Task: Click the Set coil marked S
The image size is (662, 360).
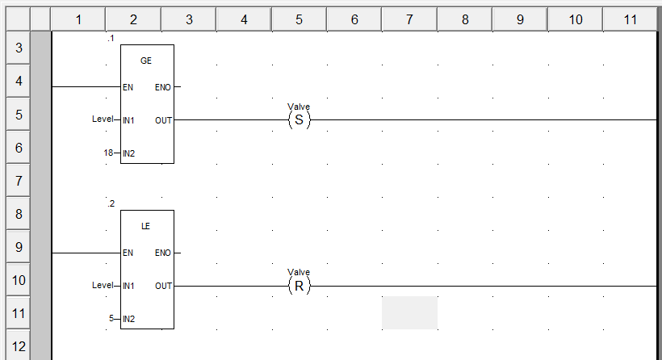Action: pos(299,120)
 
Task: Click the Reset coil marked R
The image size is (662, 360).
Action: pos(299,286)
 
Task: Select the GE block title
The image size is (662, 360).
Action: pos(146,61)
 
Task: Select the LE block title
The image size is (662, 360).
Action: pos(146,226)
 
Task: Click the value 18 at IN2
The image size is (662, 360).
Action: pos(108,153)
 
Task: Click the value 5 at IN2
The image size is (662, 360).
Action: pos(111,319)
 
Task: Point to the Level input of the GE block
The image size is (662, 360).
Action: pos(103,119)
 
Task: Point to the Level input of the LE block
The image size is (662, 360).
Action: pos(103,286)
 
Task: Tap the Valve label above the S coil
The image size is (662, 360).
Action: pos(299,107)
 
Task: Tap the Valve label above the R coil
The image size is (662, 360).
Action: pos(299,272)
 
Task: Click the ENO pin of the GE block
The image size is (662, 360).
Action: pos(162,86)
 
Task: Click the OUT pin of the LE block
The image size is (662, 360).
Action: pos(163,286)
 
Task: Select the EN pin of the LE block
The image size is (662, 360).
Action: pos(128,253)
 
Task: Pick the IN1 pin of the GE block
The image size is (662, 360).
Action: pos(128,120)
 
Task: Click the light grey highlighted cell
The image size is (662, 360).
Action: pos(409,312)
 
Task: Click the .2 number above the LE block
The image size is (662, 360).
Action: pos(111,203)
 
